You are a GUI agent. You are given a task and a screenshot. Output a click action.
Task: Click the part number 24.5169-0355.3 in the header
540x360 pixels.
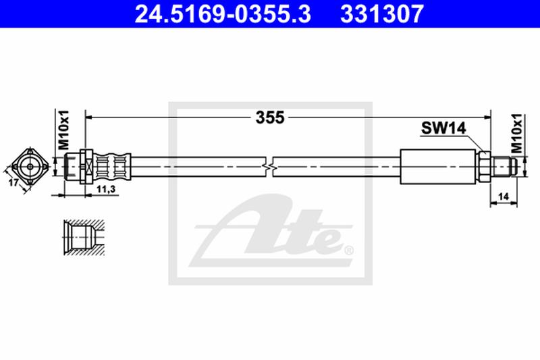(223, 14)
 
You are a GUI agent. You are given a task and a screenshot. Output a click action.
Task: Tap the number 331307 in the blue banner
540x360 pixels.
(382, 14)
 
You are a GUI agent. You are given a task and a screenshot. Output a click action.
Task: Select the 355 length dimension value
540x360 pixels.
(270, 118)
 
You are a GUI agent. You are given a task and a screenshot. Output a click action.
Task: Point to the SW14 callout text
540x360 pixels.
(443, 128)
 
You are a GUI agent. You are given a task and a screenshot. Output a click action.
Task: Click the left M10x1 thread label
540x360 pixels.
(63, 130)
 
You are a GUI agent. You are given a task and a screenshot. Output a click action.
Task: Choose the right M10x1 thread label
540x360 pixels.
(516, 133)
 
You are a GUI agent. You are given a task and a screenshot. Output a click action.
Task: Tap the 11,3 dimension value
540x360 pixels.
(106, 189)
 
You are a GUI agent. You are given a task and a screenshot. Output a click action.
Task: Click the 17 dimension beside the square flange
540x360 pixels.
(13, 182)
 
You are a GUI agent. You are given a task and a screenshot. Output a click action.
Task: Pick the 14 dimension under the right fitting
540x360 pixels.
(504, 197)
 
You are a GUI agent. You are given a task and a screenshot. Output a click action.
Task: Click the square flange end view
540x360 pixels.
(30, 167)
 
